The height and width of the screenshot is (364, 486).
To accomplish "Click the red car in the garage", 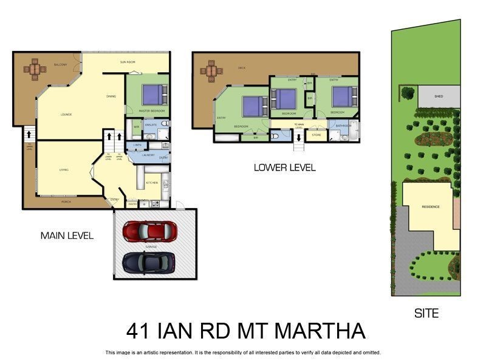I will pyautogui.click(x=150, y=231).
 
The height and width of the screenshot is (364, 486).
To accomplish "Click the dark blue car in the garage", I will pyautogui.click(x=149, y=263).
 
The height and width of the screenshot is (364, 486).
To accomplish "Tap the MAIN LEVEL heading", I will pyautogui.click(x=67, y=235).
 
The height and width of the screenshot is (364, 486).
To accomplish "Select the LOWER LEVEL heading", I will pyautogui.click(x=284, y=168).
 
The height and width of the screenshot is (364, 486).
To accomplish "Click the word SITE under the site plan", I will pyautogui.click(x=426, y=314).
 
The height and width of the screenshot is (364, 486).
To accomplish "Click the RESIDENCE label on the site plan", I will pyautogui.click(x=430, y=207).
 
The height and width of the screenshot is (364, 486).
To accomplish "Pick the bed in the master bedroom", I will pyautogui.click(x=152, y=94).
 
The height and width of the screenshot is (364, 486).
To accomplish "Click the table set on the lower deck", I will pyautogui.click(x=211, y=70).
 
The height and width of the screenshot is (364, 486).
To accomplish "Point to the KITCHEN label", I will pyautogui.click(x=152, y=182).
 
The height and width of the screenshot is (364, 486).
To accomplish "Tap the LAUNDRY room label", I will pyautogui.click(x=148, y=156).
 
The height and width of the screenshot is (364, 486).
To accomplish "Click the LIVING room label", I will pyautogui.click(x=64, y=170).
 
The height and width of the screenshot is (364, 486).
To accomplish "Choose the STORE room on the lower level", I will pyautogui.click(x=316, y=135).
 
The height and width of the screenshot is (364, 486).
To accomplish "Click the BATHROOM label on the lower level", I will pyautogui.click(x=344, y=126).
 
